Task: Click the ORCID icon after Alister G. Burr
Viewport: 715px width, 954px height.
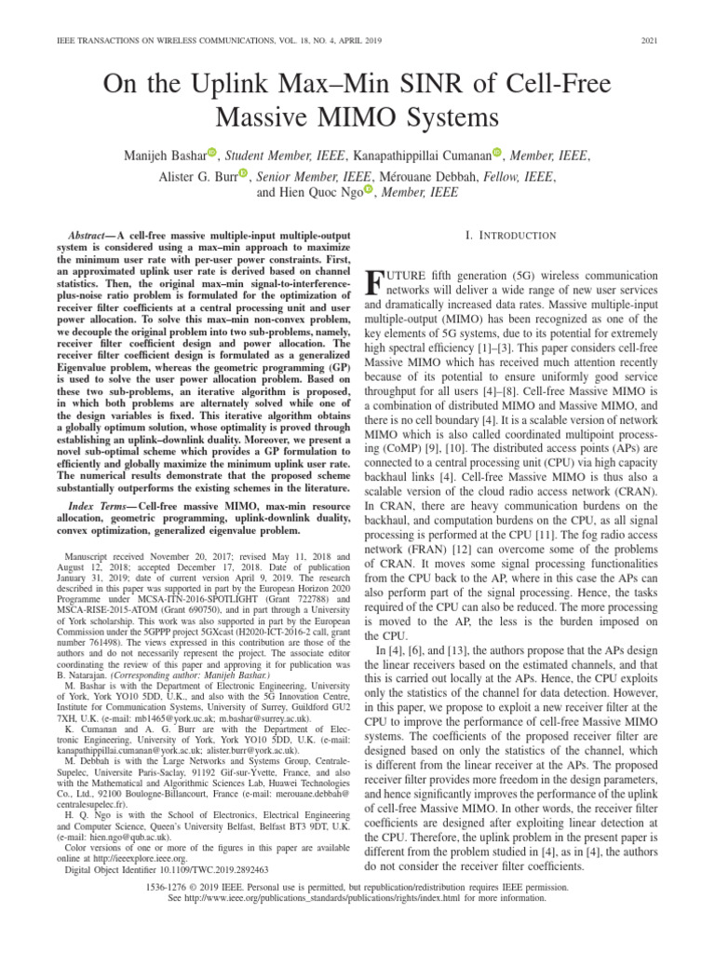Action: click(x=243, y=173)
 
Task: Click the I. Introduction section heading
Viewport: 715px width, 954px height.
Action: click(x=510, y=236)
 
